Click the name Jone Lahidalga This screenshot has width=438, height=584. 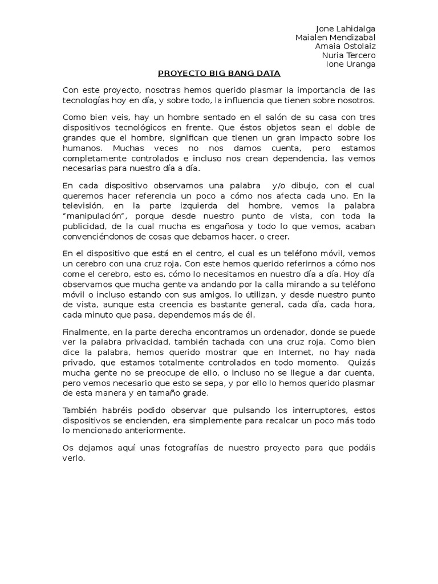(346, 29)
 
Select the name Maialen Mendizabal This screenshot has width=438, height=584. (335, 38)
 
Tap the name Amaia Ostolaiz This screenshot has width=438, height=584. (345, 46)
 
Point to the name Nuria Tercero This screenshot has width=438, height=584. (348, 55)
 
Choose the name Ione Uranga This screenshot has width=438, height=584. (350, 64)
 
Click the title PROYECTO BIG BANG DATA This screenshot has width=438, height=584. (219, 73)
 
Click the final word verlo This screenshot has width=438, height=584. (74, 457)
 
